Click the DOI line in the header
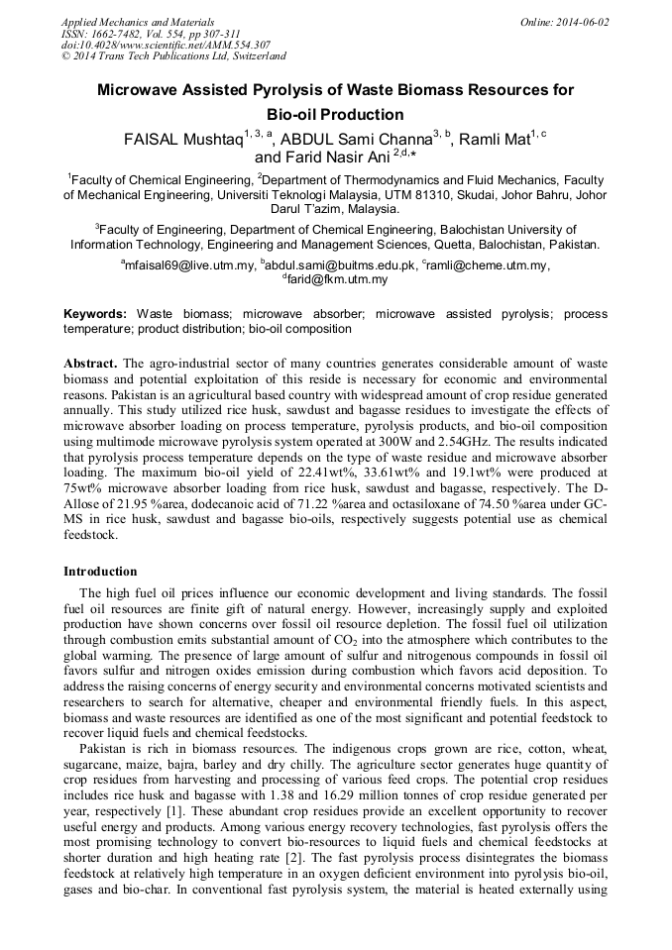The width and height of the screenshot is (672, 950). coord(166,45)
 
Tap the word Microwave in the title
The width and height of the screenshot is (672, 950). coord(138,90)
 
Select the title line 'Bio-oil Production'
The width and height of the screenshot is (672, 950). coord(335,114)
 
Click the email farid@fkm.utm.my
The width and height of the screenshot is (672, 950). coord(337,280)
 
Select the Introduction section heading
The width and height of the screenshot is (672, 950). coord(100,572)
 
